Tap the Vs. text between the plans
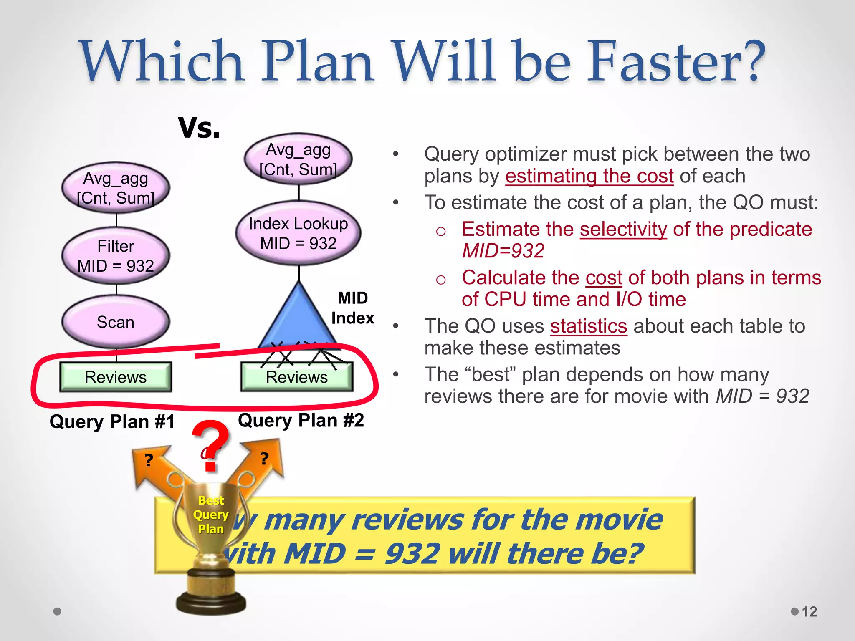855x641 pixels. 199,128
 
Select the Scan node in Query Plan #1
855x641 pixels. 116,322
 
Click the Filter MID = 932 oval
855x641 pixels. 116,256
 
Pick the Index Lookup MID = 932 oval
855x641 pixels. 298,233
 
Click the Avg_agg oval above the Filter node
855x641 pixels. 116,188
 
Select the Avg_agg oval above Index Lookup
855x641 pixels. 298,159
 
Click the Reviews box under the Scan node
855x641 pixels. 116,377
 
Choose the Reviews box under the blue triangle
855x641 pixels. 297,377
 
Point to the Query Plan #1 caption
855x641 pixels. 112,421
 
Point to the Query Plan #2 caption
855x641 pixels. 301,420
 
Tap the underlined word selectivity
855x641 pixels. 623,229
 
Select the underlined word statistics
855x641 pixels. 588,326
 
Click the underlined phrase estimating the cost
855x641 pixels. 589,176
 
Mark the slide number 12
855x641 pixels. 809,611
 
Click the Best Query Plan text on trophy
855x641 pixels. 211,515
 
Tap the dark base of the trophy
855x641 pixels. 211,601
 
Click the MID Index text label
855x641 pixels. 353,308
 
